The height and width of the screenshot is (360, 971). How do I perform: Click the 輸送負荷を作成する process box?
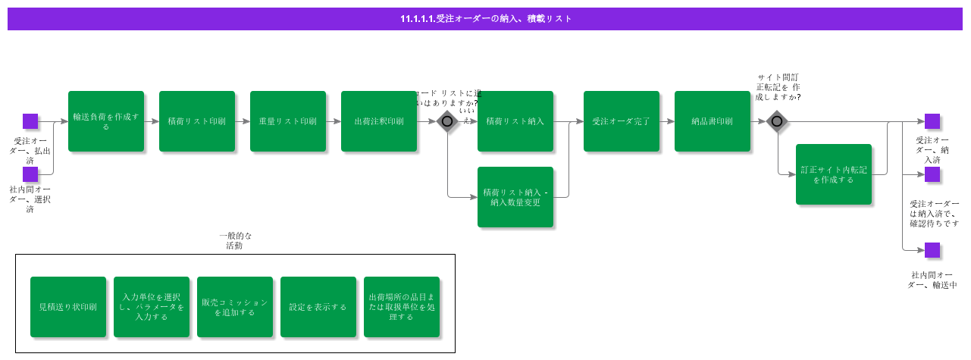[106, 121]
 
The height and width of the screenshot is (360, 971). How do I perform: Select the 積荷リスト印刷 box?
[197, 121]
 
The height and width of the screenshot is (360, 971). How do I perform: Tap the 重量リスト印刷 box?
[288, 121]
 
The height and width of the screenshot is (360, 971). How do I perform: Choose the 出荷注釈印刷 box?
[379, 121]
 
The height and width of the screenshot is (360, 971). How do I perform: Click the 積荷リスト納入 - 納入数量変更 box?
[515, 197]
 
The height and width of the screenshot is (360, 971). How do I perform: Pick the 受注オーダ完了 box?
[622, 121]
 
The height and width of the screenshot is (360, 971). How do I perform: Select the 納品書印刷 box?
[713, 121]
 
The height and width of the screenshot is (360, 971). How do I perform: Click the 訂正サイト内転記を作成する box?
[834, 174]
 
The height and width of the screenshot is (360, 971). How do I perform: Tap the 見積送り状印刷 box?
[68, 307]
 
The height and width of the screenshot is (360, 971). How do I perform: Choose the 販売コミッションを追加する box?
[235, 307]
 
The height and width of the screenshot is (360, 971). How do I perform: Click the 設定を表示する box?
[318, 307]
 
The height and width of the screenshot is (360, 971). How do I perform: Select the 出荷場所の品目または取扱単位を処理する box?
[402, 307]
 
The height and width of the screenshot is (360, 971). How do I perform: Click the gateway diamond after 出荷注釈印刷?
[447, 121]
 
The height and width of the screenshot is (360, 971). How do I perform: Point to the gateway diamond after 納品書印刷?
[777, 121]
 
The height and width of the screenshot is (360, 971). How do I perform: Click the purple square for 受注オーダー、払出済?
[30, 121]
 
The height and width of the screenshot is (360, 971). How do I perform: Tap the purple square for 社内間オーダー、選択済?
[30, 174]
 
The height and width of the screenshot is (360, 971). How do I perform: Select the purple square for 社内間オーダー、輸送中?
[932, 250]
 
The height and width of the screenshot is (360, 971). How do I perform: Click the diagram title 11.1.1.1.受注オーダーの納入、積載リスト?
[485, 19]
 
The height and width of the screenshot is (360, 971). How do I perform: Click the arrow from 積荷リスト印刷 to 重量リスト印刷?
[243, 121]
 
